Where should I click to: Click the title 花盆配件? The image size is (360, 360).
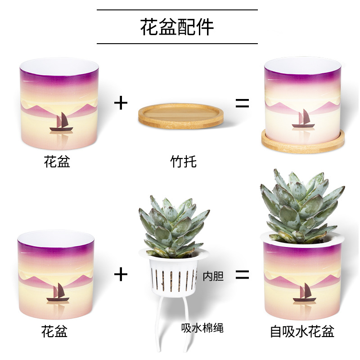pyautogui.click(x=177, y=27)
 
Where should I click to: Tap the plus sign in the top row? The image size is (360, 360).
pyautogui.click(x=121, y=103)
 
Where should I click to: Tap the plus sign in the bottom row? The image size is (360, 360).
pyautogui.click(x=121, y=274)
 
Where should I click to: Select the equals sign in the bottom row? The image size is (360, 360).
pyautogui.click(x=242, y=274)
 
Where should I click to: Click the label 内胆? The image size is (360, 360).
pyautogui.click(x=213, y=276)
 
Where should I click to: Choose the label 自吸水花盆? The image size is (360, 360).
pyautogui.click(x=302, y=332)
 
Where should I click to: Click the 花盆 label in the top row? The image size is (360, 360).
pyautogui.click(x=57, y=161)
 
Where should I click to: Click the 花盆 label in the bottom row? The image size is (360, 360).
pyautogui.click(x=54, y=332)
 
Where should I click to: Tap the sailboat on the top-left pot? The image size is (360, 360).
pyautogui.click(x=61, y=123)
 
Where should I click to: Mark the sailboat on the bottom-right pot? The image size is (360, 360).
pyautogui.click(x=304, y=293)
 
